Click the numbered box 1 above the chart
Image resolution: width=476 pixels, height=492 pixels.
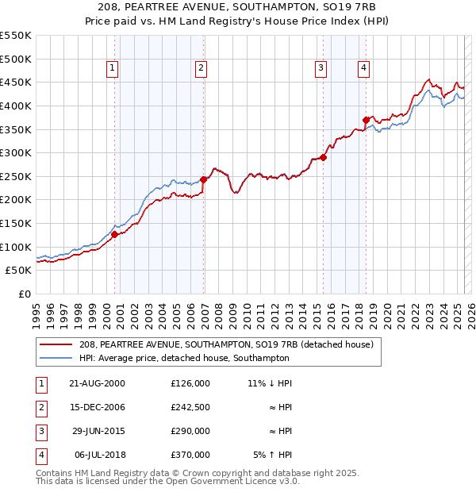tap(113, 69)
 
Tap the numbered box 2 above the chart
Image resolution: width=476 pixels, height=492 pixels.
tap(202, 69)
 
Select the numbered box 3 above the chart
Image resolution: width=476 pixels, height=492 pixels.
tap(321, 69)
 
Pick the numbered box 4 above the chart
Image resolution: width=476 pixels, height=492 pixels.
tap(363, 69)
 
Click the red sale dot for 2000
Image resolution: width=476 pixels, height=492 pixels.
tap(115, 234)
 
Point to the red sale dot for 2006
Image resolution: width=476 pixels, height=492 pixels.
tap(203, 179)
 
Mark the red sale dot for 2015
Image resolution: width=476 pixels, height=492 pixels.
tap(324, 157)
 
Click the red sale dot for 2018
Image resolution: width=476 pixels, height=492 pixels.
tap(366, 120)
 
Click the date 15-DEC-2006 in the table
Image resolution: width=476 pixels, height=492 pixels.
tap(96, 407)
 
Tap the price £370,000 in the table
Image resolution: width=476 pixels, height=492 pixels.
tap(190, 455)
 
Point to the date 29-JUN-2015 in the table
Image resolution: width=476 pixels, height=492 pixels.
tap(96, 431)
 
